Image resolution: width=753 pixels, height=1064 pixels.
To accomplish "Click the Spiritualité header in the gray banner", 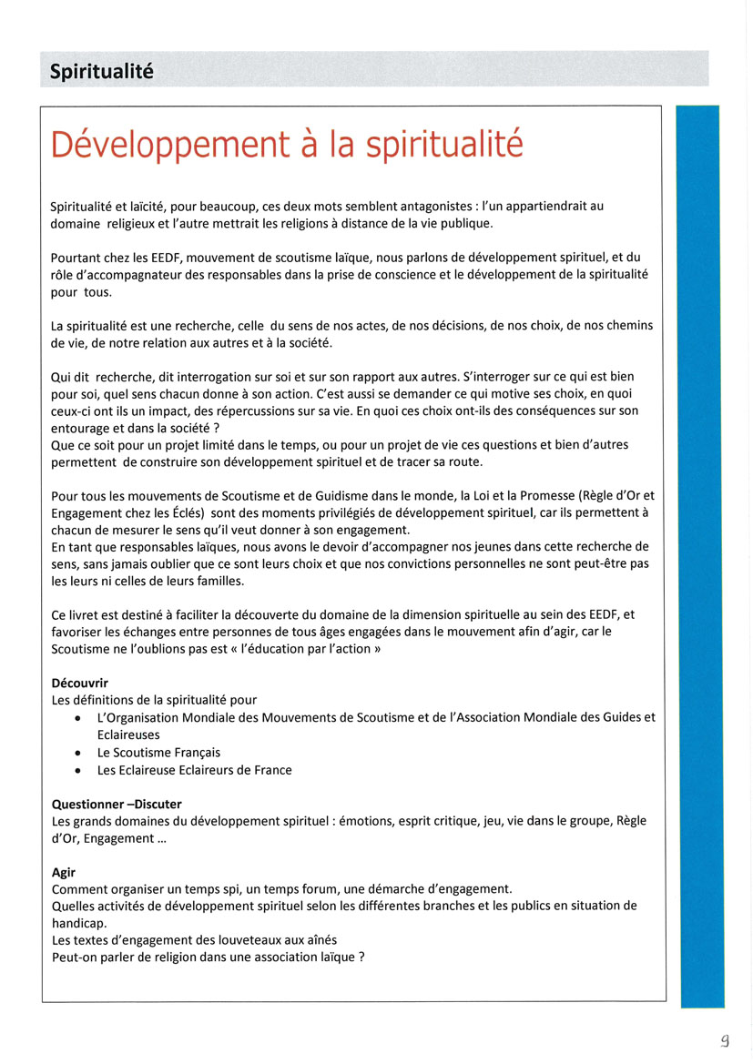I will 101,71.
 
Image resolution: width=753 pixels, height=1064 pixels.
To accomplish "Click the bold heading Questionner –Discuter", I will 117,804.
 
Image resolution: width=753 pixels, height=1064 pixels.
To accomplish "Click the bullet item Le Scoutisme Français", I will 158,753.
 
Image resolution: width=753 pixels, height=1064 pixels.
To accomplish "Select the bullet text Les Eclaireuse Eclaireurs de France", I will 194,770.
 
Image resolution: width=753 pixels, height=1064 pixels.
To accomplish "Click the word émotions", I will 366,821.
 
